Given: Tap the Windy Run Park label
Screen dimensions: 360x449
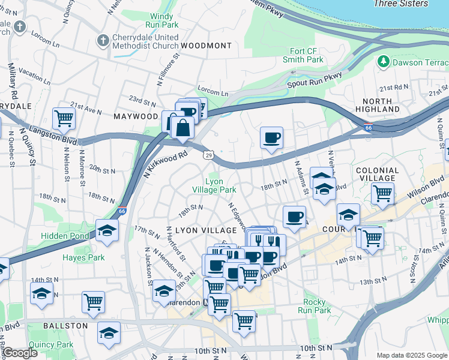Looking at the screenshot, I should [161, 20].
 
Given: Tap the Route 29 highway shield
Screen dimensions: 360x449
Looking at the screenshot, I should [208, 155].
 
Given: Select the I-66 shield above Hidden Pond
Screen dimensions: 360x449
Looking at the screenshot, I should [122, 211].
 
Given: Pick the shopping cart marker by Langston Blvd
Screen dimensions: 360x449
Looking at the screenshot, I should [64, 118].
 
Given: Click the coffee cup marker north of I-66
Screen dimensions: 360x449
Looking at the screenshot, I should [271, 138].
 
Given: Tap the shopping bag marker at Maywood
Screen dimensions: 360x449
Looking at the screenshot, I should [182, 128].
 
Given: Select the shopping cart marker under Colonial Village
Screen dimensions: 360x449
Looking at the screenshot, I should [382, 193].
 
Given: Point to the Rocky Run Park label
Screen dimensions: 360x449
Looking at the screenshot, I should [315, 306].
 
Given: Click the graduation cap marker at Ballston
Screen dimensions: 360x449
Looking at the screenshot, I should [109, 334].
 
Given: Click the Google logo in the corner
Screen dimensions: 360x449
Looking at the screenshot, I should [20, 353].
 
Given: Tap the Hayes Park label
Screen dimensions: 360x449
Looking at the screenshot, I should [83, 257].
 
